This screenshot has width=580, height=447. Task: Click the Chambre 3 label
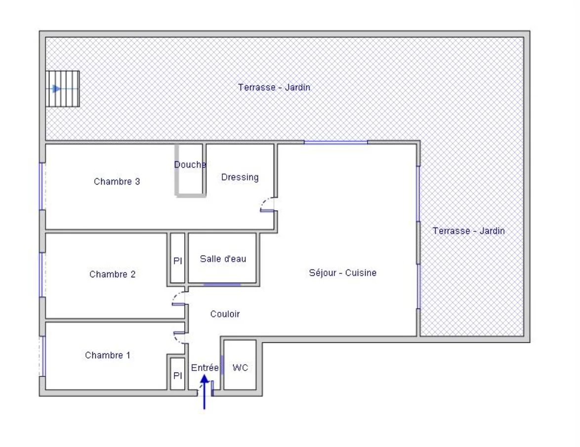117,182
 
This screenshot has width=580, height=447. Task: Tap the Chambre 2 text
113,274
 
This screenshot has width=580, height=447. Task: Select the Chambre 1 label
108,355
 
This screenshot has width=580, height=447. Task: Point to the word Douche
190,164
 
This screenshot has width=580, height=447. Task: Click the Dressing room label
240,177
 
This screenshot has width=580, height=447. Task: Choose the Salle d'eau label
223,259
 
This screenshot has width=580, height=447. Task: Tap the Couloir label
225,314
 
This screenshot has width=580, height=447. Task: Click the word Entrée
205,368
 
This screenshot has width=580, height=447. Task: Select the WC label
240,368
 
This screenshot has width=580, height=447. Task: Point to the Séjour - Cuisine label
342,273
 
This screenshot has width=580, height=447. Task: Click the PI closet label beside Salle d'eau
177,261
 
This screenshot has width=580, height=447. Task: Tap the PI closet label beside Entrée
177,375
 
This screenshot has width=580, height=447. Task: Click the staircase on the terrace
63,89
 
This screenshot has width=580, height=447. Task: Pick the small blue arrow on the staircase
56,89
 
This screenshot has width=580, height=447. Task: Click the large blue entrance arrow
204,392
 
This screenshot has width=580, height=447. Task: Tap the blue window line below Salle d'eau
222,285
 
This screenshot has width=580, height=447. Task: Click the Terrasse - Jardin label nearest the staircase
274,87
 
